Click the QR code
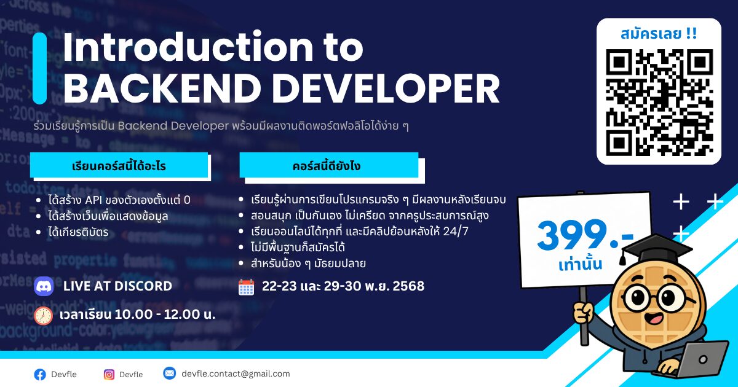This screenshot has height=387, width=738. coord(659,103)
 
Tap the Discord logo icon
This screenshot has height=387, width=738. coord(44,286)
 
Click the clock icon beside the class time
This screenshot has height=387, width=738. coord(43,316)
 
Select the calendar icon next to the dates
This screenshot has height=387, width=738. coord(246,287)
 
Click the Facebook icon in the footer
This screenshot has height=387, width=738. coord(40,375)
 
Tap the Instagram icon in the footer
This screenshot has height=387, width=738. coord(109,375)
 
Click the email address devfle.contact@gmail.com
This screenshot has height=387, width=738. coord(236,374)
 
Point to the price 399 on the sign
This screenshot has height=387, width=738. coord(573,235)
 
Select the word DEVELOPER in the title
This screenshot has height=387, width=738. coord(386,88)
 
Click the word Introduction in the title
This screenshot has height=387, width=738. coord(188,47)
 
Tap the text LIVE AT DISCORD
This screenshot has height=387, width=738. coord(117,286)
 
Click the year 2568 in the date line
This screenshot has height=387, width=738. coord(408,286)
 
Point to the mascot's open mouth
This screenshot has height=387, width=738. coord(654,319)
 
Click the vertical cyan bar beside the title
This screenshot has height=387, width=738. coord(40,68)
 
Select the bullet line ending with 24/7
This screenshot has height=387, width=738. coord(359,232)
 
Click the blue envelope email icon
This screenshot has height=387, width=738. coord(169,373)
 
